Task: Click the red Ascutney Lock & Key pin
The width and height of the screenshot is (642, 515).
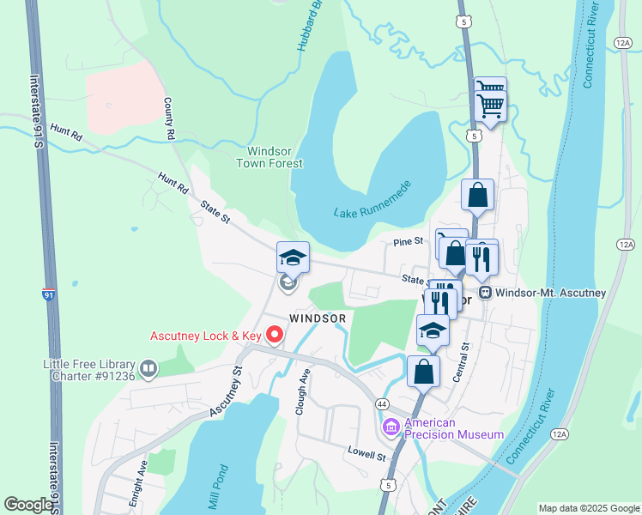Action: (274, 335)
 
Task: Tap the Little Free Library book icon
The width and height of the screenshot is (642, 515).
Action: (148, 369)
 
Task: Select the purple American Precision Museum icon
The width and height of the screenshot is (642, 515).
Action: (391, 427)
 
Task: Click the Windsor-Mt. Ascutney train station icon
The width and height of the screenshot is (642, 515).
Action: (485, 293)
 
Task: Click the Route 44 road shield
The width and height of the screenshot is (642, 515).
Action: (381, 403)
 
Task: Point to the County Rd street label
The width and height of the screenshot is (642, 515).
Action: (169, 118)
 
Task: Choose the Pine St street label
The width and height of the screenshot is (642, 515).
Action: (409, 242)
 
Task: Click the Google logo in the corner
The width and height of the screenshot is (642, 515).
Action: (28, 505)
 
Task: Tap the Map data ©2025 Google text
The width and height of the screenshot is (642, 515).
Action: (588, 508)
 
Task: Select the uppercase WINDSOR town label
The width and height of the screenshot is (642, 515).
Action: (317, 318)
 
